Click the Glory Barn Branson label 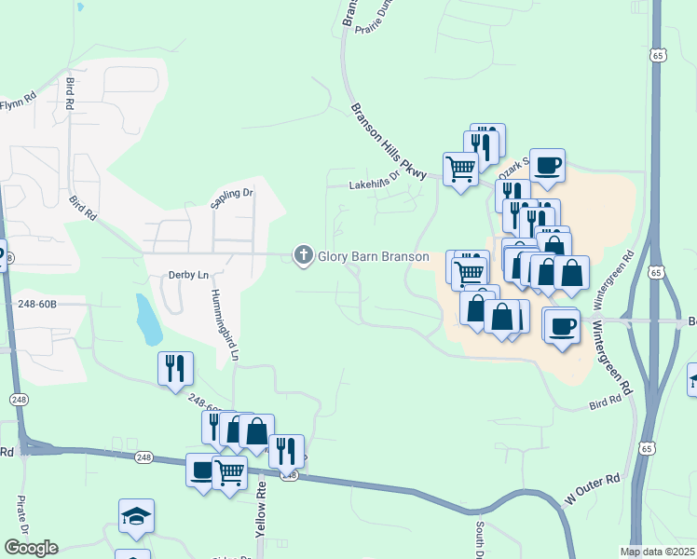coord(374,256)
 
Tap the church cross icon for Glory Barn coord(303,255)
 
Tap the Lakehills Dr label coord(373,184)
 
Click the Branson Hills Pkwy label coord(388,141)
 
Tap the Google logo coord(31,548)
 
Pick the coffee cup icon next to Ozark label coord(547,166)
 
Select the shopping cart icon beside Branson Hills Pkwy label coord(460,170)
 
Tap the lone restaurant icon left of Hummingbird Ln coord(175,369)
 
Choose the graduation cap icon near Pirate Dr coord(136,516)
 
